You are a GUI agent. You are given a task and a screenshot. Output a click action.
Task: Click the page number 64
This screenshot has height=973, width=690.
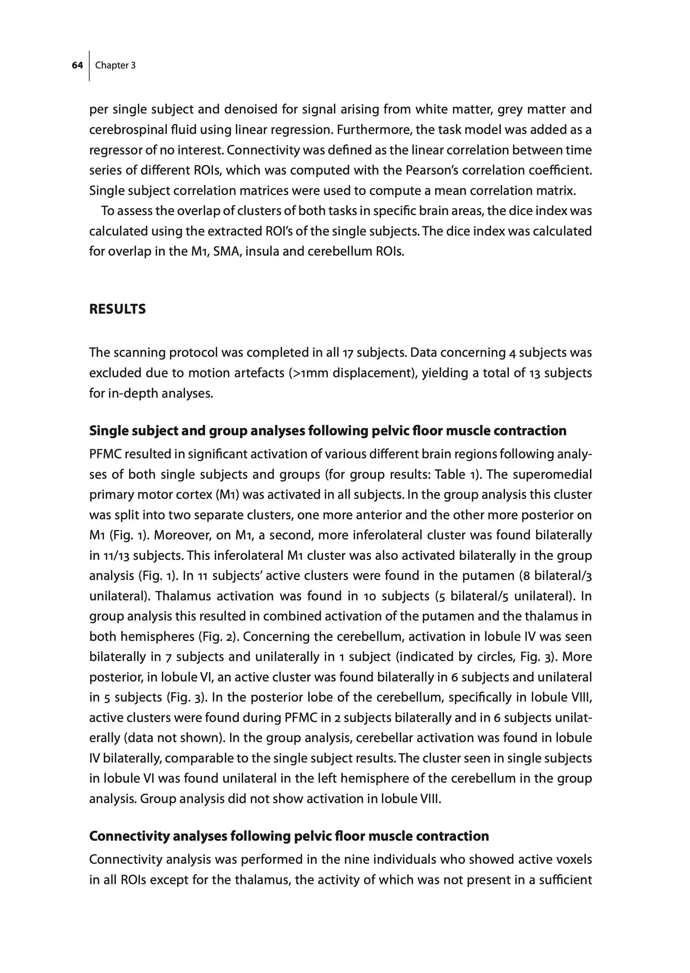tap(77, 66)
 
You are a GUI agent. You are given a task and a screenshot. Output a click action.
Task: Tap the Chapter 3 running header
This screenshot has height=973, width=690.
tap(115, 66)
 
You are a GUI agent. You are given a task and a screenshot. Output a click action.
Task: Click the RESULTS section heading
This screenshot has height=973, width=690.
tap(117, 309)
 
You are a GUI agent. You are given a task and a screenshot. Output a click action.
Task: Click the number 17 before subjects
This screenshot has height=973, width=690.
tap(348, 353)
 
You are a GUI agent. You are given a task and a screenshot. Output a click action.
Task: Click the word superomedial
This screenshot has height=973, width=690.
tap(552, 474)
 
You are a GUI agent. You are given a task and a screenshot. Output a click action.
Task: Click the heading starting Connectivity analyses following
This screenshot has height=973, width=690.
tap(289, 836)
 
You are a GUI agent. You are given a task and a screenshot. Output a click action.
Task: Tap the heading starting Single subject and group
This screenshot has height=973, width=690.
tap(327, 431)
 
